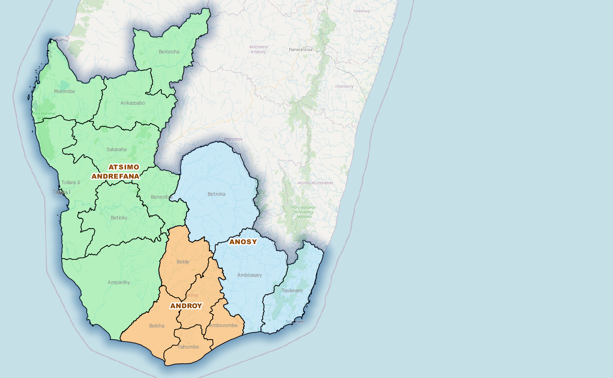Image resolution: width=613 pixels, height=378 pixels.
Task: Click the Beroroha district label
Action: pyautogui.click(x=169, y=52)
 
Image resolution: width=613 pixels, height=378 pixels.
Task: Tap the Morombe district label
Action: pyautogui.click(x=64, y=91)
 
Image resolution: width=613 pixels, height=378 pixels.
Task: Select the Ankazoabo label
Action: pyautogui.click(x=133, y=103)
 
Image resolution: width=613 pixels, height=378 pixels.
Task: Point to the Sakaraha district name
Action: pyautogui.click(x=116, y=149)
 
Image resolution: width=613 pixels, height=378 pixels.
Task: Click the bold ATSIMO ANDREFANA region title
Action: pyautogui.click(x=116, y=171)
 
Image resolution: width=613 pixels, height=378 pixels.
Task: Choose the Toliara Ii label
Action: pyautogui.click(x=70, y=182)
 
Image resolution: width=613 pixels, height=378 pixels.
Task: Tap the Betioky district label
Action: pyautogui.click(x=119, y=218)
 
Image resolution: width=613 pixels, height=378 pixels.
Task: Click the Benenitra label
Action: pyautogui.click(x=161, y=197)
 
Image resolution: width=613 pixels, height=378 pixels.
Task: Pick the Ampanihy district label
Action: pyautogui.click(x=118, y=282)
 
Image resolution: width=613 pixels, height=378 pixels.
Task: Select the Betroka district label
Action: pyautogui.click(x=216, y=194)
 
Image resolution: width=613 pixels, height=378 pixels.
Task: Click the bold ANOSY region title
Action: pyautogui.click(x=243, y=242)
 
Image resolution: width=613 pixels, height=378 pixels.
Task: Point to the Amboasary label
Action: pyautogui.click(x=249, y=275)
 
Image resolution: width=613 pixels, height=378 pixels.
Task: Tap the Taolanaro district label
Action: pyautogui.click(x=292, y=290)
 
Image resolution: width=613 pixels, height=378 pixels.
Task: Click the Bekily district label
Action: pyautogui.click(x=183, y=262)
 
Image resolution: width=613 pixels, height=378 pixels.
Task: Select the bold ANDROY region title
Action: pyautogui.click(x=186, y=306)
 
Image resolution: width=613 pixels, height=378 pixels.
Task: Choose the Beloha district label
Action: pyautogui.click(x=156, y=326)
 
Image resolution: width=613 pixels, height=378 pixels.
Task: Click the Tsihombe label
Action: pyautogui.click(x=188, y=347)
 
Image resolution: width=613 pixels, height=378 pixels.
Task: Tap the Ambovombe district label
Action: pyautogui.click(x=224, y=325)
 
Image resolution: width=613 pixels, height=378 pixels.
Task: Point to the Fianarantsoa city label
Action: pyautogui.click(x=300, y=50)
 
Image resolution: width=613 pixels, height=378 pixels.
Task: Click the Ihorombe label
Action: pyautogui.click(x=233, y=139)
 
